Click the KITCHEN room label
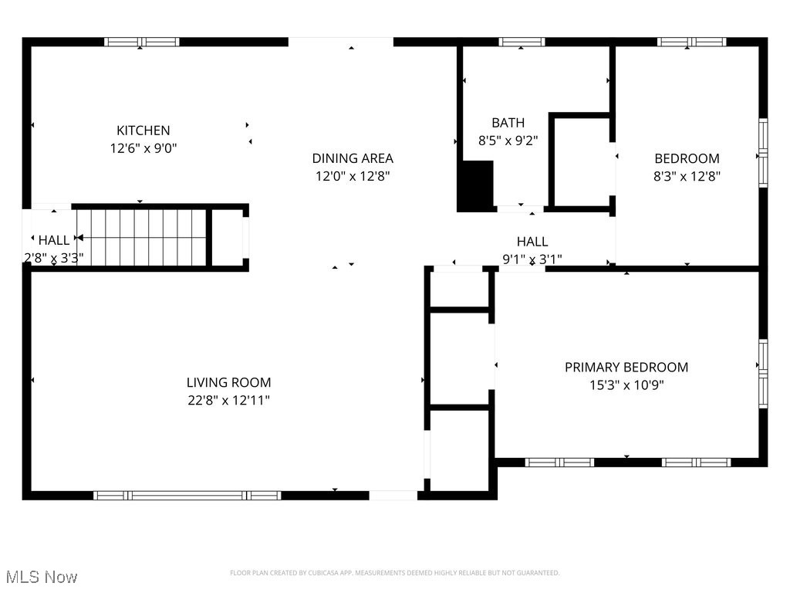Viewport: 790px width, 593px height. [143, 130]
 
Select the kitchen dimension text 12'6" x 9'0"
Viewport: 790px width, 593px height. [143, 147]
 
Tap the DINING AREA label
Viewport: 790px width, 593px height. [353, 158]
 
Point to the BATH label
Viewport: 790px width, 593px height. [508, 123]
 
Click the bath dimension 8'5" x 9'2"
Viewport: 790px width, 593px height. [508, 141]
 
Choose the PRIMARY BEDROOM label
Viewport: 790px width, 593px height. [626, 368]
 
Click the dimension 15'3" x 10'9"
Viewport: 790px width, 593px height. [626, 385]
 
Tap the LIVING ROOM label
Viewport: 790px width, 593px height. [229, 382]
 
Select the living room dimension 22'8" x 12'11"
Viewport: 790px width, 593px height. [229, 400]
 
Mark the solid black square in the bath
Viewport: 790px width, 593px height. [477, 185]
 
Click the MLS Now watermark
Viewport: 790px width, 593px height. [42, 577]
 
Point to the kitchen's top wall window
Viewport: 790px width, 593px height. [142, 42]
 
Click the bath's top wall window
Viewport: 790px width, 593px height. [522, 42]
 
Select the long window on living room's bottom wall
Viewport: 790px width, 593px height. [187, 495]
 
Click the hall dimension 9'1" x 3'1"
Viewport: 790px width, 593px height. [532, 259]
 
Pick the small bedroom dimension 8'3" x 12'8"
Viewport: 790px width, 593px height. [687, 176]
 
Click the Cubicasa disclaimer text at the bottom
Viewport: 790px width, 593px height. [394, 573]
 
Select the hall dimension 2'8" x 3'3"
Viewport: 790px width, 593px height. [54, 258]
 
